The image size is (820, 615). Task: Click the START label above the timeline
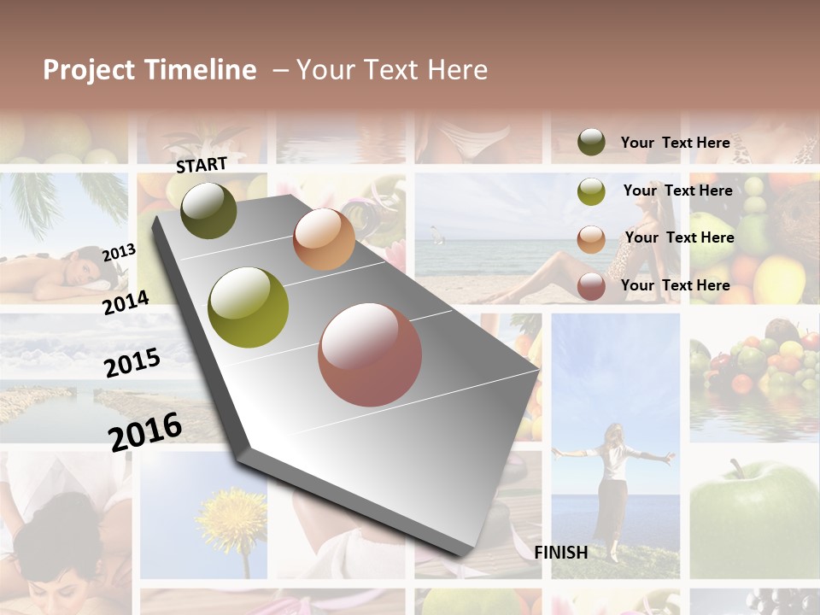(202, 165)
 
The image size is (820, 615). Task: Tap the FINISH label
(560, 553)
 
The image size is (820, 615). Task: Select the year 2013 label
(119, 253)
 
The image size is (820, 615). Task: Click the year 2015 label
(132, 362)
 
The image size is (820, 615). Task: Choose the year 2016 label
(145, 431)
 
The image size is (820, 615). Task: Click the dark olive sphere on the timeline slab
(208, 210)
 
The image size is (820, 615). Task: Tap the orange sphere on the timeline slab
(324, 239)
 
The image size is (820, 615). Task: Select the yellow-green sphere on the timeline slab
(249, 307)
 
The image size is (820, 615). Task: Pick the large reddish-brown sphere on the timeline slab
(370, 354)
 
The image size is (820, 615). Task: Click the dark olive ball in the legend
(591, 142)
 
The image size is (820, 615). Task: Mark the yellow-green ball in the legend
(591, 191)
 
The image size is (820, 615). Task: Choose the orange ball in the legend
(591, 239)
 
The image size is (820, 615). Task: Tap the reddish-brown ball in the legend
(591, 287)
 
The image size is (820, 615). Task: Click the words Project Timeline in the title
(149, 70)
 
